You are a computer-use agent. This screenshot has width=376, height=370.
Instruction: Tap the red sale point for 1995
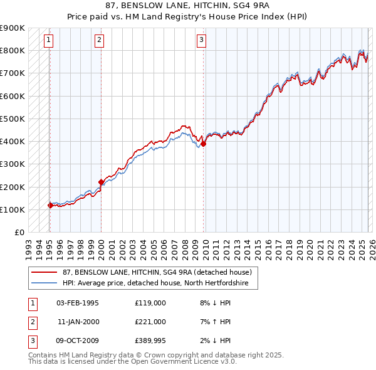click(50, 205)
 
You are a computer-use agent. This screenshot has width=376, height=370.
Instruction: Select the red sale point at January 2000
click(101, 182)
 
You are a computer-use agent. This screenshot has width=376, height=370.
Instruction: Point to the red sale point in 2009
click(204, 144)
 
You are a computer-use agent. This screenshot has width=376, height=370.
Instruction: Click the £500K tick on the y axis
click(13, 119)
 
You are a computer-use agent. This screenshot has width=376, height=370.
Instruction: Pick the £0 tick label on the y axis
click(19, 232)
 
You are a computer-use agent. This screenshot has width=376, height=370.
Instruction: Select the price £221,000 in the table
click(150, 322)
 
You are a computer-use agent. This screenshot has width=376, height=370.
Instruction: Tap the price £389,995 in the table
click(150, 341)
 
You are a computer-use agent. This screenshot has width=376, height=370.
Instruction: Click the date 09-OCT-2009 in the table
click(77, 341)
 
